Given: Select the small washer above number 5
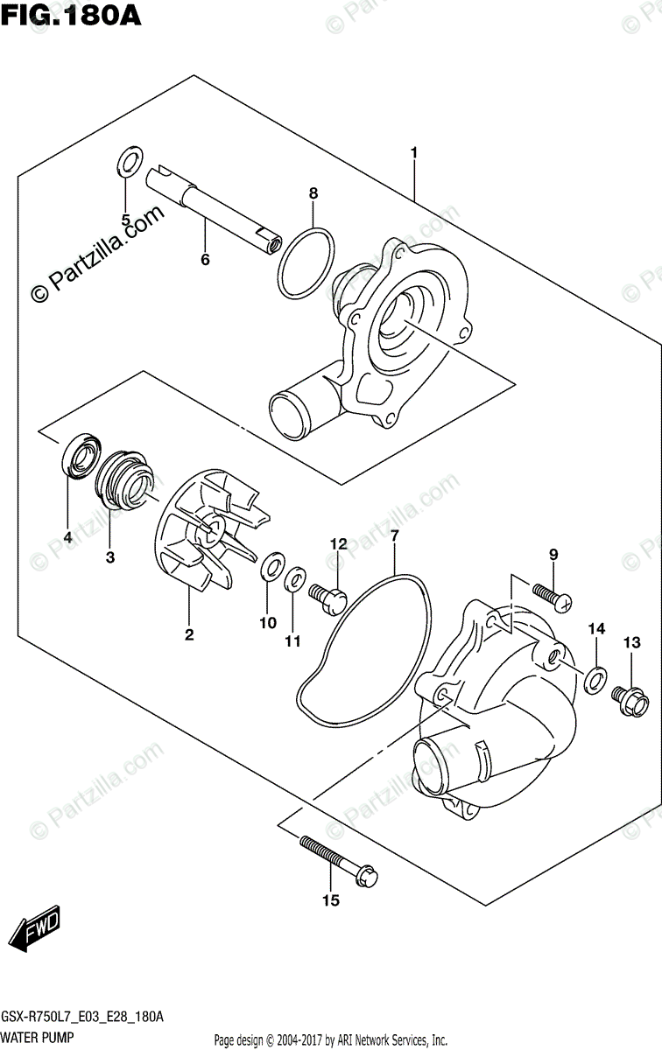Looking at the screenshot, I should [x=129, y=161].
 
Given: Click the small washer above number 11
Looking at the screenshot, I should [x=294, y=578].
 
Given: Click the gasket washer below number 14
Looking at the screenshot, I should [x=595, y=677].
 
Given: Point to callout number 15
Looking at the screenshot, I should [x=330, y=899].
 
